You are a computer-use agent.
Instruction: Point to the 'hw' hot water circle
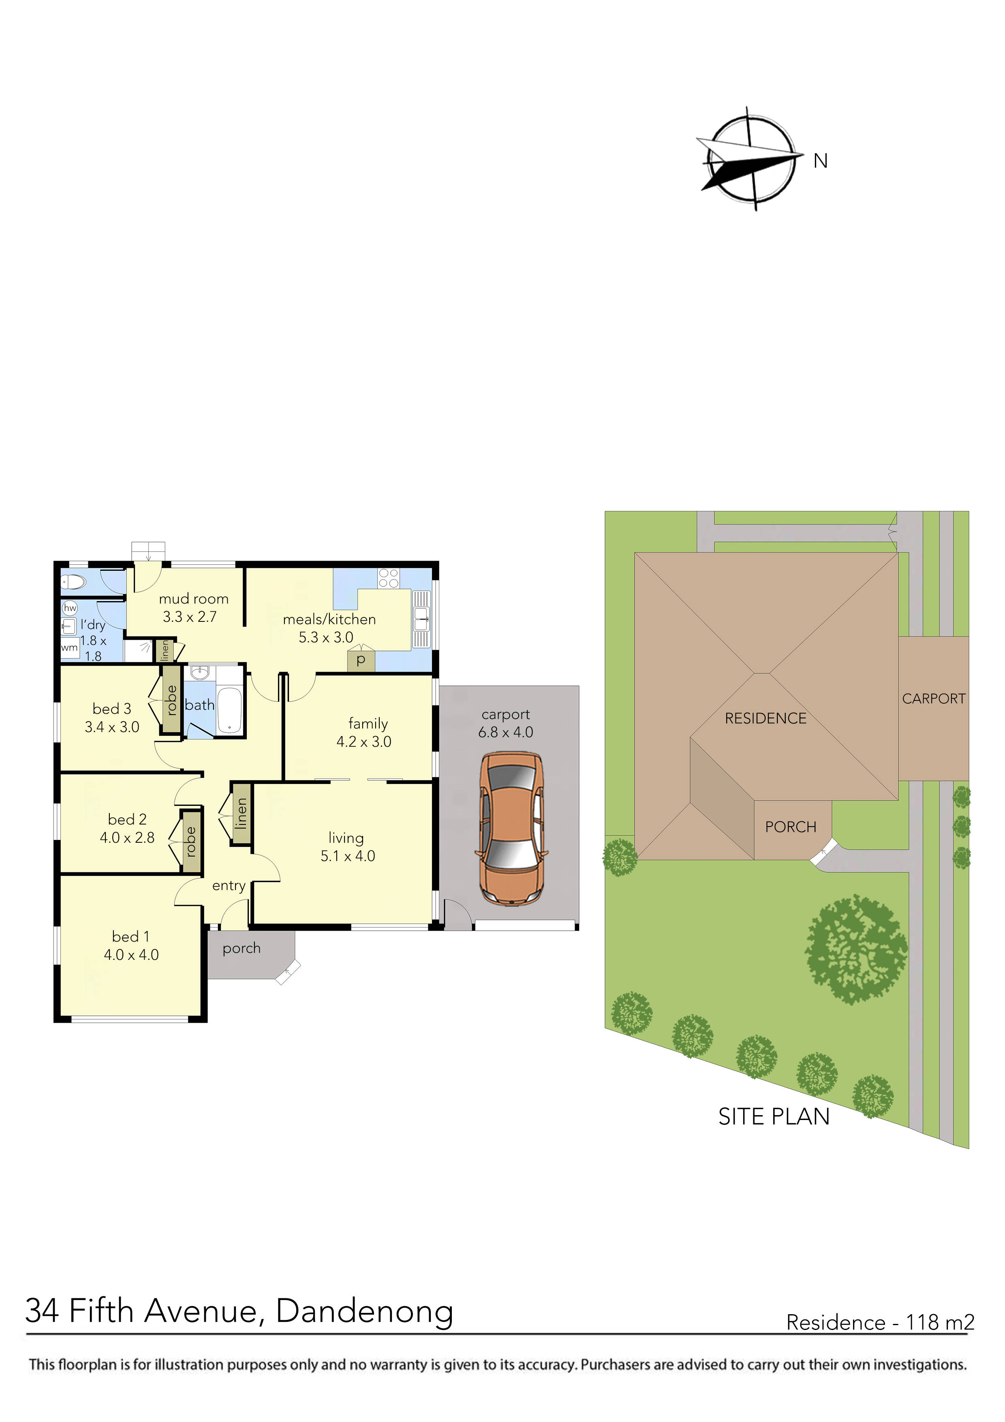point(70,608)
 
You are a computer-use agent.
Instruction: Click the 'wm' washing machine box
point(69,648)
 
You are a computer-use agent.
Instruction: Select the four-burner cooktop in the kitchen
point(388,578)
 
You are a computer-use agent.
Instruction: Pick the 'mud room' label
point(193,599)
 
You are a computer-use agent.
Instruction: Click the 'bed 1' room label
point(130,936)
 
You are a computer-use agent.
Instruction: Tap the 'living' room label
point(346,838)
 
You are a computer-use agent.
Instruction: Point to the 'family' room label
point(368,724)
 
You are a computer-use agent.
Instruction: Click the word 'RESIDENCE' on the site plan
point(766,718)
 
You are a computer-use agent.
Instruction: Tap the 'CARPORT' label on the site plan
point(933,698)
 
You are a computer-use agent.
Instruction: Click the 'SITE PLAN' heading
point(774,1117)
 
